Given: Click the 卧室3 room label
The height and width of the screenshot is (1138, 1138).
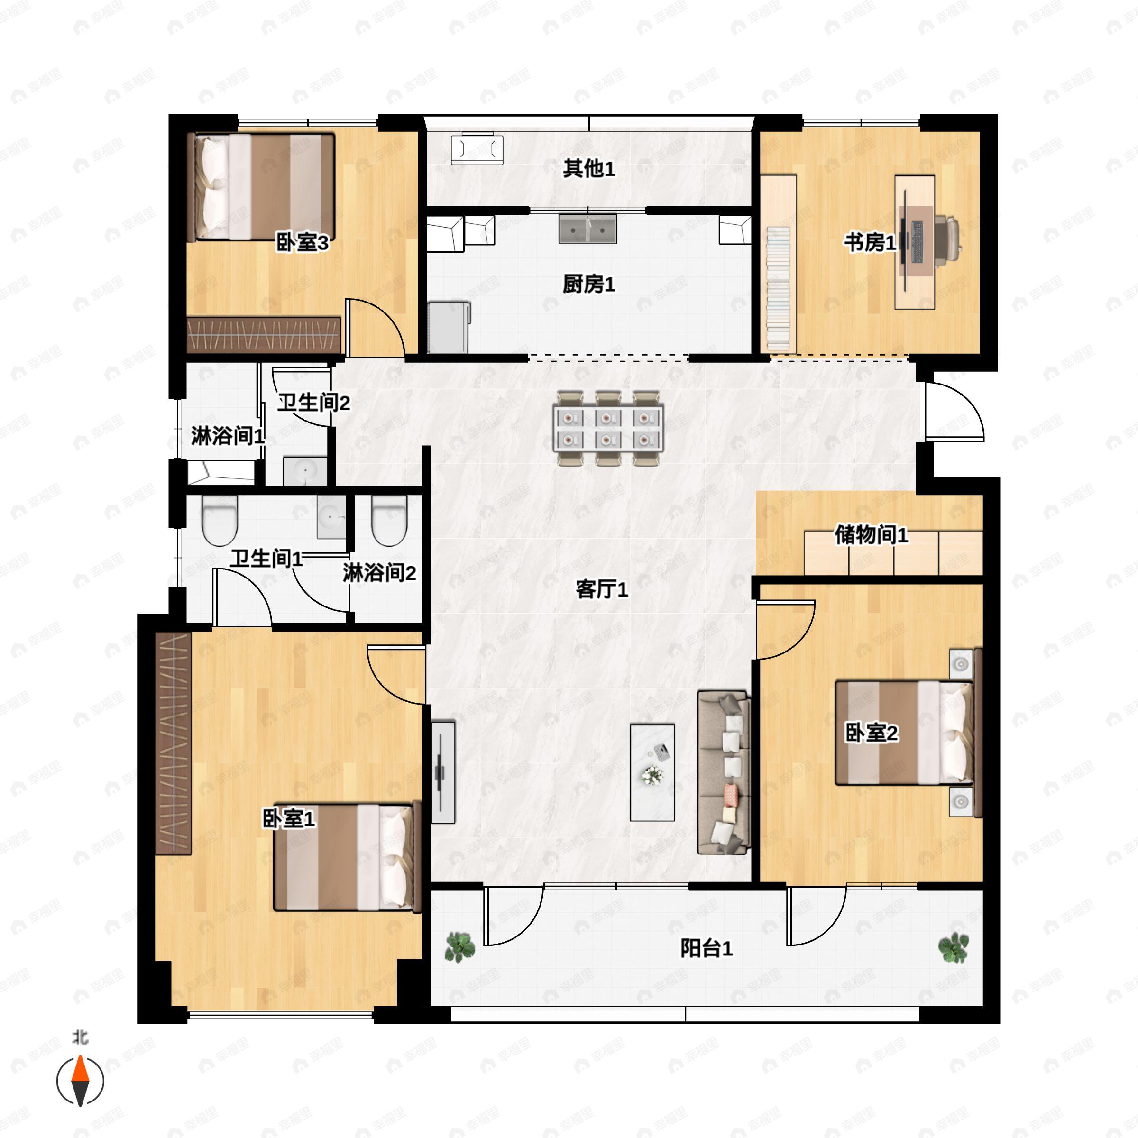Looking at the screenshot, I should pyautogui.click(x=302, y=242).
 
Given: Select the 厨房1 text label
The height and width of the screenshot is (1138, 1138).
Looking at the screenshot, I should pyautogui.click(x=588, y=284).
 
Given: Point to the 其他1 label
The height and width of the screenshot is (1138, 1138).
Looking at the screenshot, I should pyautogui.click(x=588, y=169).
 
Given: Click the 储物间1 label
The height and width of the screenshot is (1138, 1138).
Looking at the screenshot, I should pyautogui.click(x=871, y=535).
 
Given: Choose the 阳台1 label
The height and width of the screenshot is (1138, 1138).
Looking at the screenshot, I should pyautogui.click(x=706, y=948).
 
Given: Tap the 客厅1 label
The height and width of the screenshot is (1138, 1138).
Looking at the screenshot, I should pyautogui.click(x=601, y=589).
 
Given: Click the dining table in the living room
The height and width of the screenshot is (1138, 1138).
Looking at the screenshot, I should pyautogui.click(x=608, y=428).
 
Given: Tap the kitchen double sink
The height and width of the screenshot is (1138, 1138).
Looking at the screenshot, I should pyautogui.click(x=587, y=229).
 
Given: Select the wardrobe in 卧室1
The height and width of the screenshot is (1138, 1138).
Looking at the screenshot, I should pyautogui.click(x=174, y=743).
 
